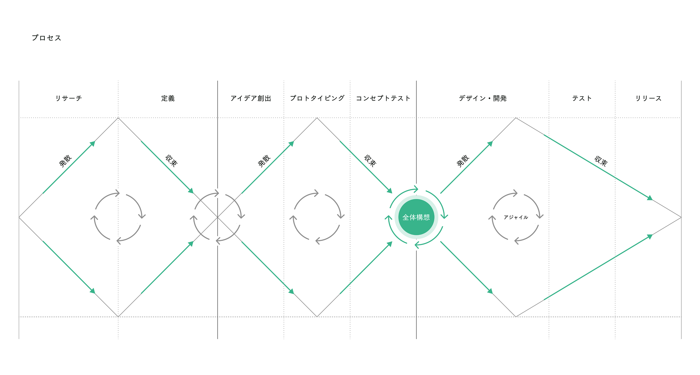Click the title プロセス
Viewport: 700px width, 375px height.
coord(47,38)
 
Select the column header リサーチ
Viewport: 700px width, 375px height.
coord(68,98)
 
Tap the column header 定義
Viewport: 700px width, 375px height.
coord(168,98)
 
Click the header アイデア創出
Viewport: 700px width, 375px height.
coord(251,98)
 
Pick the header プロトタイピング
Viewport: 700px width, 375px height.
coord(317,98)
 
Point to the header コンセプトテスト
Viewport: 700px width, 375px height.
coord(383,98)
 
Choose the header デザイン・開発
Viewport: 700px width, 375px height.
coord(483,98)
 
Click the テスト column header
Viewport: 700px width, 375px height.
coord(582,98)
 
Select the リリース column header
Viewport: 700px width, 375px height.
coord(648,98)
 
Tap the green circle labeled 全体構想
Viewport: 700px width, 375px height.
coord(416,217)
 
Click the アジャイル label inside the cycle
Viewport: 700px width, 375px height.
coord(515,217)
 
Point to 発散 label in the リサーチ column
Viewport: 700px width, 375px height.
coord(65,161)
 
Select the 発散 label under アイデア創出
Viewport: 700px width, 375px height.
coord(264,161)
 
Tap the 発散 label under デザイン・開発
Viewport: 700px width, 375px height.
coord(463,161)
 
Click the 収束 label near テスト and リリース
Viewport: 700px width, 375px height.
coord(601,161)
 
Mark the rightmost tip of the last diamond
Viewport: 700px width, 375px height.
coord(681,217)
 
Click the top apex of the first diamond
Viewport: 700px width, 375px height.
coord(118,118)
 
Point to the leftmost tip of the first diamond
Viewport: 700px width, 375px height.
coord(19,217)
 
